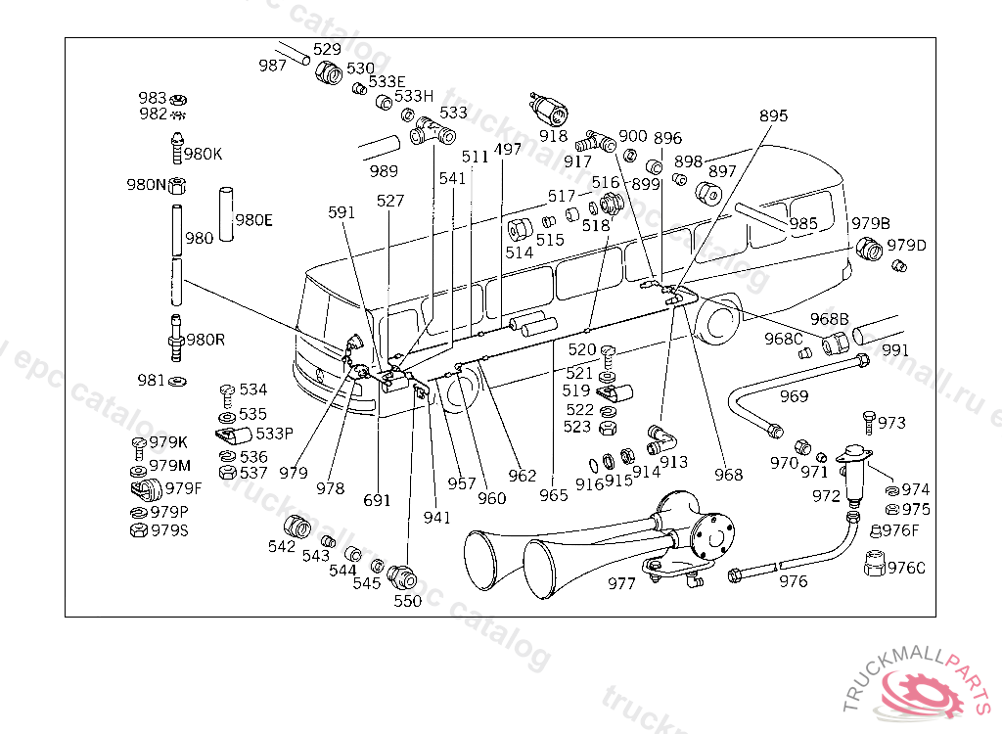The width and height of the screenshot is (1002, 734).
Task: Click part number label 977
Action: (x=621, y=583)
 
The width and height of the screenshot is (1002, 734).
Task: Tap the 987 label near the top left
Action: (x=273, y=66)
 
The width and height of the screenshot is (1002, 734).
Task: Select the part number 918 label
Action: (x=553, y=138)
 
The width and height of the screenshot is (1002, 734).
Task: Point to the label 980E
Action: (x=253, y=219)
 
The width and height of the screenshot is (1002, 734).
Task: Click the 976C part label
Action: (x=906, y=568)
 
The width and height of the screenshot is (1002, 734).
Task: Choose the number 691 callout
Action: (x=377, y=500)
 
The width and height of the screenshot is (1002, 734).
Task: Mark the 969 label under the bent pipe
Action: (x=794, y=396)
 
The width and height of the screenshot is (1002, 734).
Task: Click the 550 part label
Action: (x=407, y=601)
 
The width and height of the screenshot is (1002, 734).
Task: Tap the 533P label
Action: (x=274, y=433)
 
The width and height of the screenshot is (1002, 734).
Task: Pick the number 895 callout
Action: (x=773, y=116)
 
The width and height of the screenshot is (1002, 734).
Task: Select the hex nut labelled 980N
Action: (x=178, y=185)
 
